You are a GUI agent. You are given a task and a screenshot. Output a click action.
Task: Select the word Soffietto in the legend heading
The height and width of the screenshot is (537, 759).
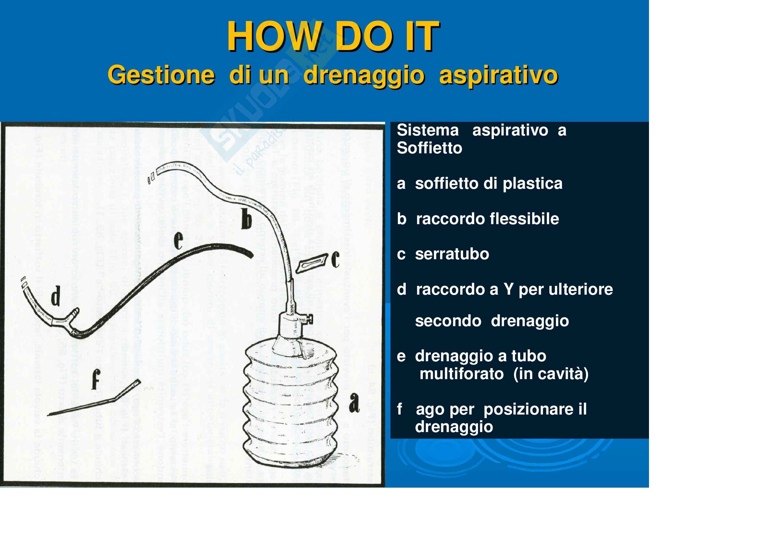click(429, 148)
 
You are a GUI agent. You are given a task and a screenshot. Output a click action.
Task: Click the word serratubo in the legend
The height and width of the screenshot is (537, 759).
click(452, 254)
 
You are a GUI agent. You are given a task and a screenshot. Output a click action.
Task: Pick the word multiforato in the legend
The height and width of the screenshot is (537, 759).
click(461, 374)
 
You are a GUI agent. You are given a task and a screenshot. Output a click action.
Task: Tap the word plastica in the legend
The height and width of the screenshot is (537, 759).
click(533, 184)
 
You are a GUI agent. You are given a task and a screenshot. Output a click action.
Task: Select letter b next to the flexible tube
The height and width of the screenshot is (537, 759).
click(246, 220)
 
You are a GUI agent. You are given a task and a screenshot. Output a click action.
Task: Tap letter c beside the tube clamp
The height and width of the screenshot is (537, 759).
click(335, 260)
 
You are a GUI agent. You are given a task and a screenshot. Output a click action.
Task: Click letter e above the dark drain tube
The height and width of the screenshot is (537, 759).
click(178, 240)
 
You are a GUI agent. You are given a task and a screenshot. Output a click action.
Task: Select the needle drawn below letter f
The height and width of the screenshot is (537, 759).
click(94, 398)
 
